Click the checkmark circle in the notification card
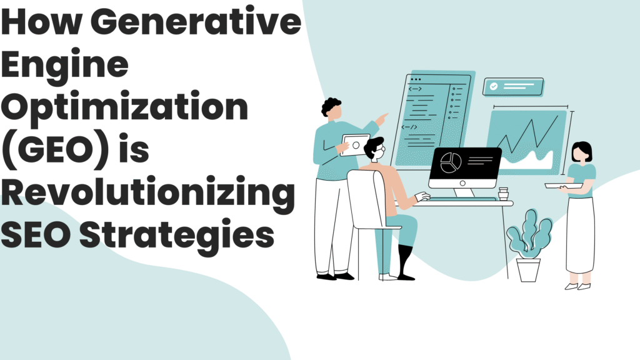tap(494, 87)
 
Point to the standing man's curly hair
tap(331, 107)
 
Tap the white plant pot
tap(528, 269)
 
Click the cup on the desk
tap(504, 194)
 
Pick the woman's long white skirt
tap(579, 234)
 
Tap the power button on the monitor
tap(464, 183)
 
